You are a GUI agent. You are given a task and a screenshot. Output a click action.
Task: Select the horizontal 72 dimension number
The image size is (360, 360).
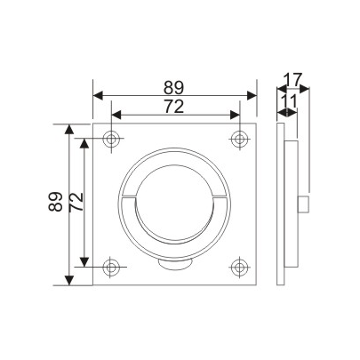click(175, 107)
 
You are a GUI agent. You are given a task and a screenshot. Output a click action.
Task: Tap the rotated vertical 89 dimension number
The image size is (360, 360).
click(56, 204)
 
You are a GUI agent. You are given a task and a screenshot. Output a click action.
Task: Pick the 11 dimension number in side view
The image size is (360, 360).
click(288, 103)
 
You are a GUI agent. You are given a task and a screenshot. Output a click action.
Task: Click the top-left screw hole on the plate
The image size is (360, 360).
click(111, 139)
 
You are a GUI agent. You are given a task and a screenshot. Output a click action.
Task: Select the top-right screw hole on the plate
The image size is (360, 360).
click(238, 139)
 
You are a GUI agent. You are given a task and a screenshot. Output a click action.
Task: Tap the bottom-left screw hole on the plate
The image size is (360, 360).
click(111, 266)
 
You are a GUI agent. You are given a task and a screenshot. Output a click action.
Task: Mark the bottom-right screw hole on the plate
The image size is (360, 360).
click(238, 266)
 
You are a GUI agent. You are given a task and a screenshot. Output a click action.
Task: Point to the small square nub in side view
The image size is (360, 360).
click(303, 204)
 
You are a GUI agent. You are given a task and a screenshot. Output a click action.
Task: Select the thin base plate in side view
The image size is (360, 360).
click(282, 204)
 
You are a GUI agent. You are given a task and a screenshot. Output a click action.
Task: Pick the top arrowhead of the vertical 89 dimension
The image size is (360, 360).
click(69, 129)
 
